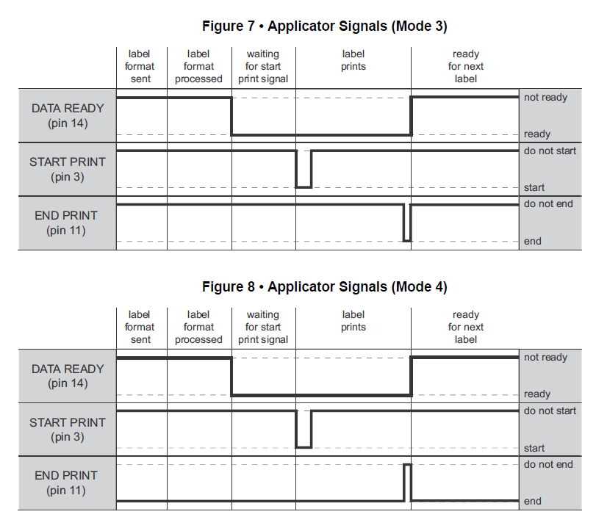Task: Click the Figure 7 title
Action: click(x=324, y=26)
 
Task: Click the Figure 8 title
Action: click(x=324, y=287)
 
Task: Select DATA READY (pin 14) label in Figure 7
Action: click(x=68, y=115)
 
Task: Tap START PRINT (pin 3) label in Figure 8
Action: click(x=68, y=430)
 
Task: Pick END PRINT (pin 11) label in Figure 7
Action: click(x=66, y=223)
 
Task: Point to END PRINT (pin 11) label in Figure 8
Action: click(x=66, y=482)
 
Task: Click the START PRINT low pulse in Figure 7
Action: click(x=304, y=187)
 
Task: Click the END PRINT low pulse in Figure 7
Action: click(x=407, y=240)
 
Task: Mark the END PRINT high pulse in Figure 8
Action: click(x=407, y=465)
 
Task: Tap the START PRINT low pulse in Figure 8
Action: click(x=304, y=447)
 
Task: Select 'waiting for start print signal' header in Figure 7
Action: click(x=263, y=67)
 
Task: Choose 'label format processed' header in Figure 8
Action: click(x=198, y=327)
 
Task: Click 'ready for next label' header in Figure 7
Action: click(x=466, y=67)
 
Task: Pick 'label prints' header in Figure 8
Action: click(x=353, y=321)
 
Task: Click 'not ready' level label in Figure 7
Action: click(x=545, y=98)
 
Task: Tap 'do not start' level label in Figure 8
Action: click(x=550, y=411)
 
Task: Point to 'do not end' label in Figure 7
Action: click(x=548, y=204)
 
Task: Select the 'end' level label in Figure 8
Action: click(x=533, y=502)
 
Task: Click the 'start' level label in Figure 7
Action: click(x=534, y=188)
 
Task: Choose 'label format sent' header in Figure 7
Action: click(x=140, y=67)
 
